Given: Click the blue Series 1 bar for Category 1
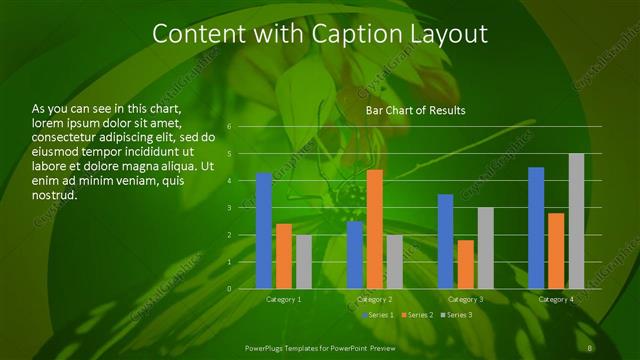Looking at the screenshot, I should (264, 231).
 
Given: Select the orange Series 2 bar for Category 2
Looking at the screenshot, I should (375, 229).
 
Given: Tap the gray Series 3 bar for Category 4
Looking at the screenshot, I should (576, 221).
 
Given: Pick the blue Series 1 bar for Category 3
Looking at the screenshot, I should (446, 241).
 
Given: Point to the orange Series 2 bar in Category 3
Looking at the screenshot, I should (465, 264).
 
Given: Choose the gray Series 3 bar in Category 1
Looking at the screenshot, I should (303, 262).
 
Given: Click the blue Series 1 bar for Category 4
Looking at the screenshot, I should (536, 228).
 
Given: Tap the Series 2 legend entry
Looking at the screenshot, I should (418, 315).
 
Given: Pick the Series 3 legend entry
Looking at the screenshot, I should (457, 315).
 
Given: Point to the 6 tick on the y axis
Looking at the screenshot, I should (229, 127).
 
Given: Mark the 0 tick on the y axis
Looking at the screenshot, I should (229, 289).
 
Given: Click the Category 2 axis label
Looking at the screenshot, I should (374, 299).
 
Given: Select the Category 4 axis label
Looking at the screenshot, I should (556, 299).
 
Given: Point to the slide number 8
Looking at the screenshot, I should (591, 347).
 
